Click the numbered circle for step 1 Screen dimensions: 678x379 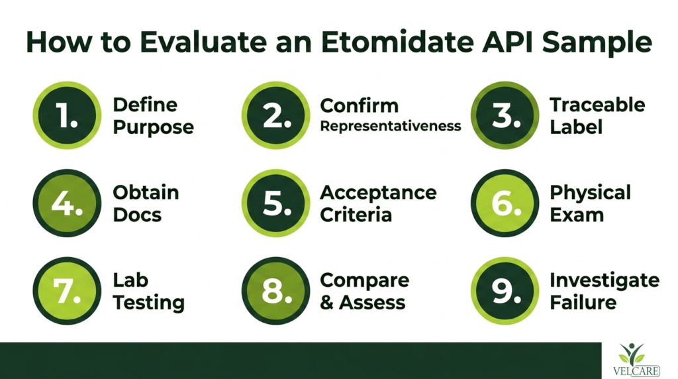pyautogui.click(x=67, y=115)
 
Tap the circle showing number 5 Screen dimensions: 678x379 pyautogui.click(x=276, y=203)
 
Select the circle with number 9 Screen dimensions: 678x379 pyautogui.click(x=505, y=291)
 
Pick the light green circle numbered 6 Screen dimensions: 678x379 pyautogui.click(x=505, y=203)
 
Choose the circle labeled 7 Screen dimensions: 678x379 pyautogui.click(x=67, y=291)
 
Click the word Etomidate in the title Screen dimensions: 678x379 pyautogui.click(x=397, y=42)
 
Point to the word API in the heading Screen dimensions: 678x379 pyautogui.click(x=507, y=42)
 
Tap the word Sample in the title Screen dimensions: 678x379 pyautogui.click(x=597, y=43)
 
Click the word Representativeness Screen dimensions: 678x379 pyautogui.click(x=391, y=127)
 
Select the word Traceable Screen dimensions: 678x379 pyautogui.click(x=597, y=105)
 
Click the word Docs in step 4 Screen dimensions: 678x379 pyautogui.click(x=137, y=215)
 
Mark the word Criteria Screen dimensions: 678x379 pyautogui.click(x=356, y=215)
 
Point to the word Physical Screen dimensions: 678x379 pyautogui.click(x=590, y=193)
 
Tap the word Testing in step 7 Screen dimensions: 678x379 pyautogui.click(x=149, y=302)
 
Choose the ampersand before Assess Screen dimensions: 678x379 pyautogui.click(x=326, y=302)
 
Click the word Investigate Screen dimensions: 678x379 pyautogui.click(x=605, y=281)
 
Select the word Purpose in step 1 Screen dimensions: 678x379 pyautogui.click(x=154, y=128)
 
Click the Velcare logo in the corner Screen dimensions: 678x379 pyautogui.click(x=636, y=360)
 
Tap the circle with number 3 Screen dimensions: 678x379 pyautogui.click(x=505, y=115)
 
